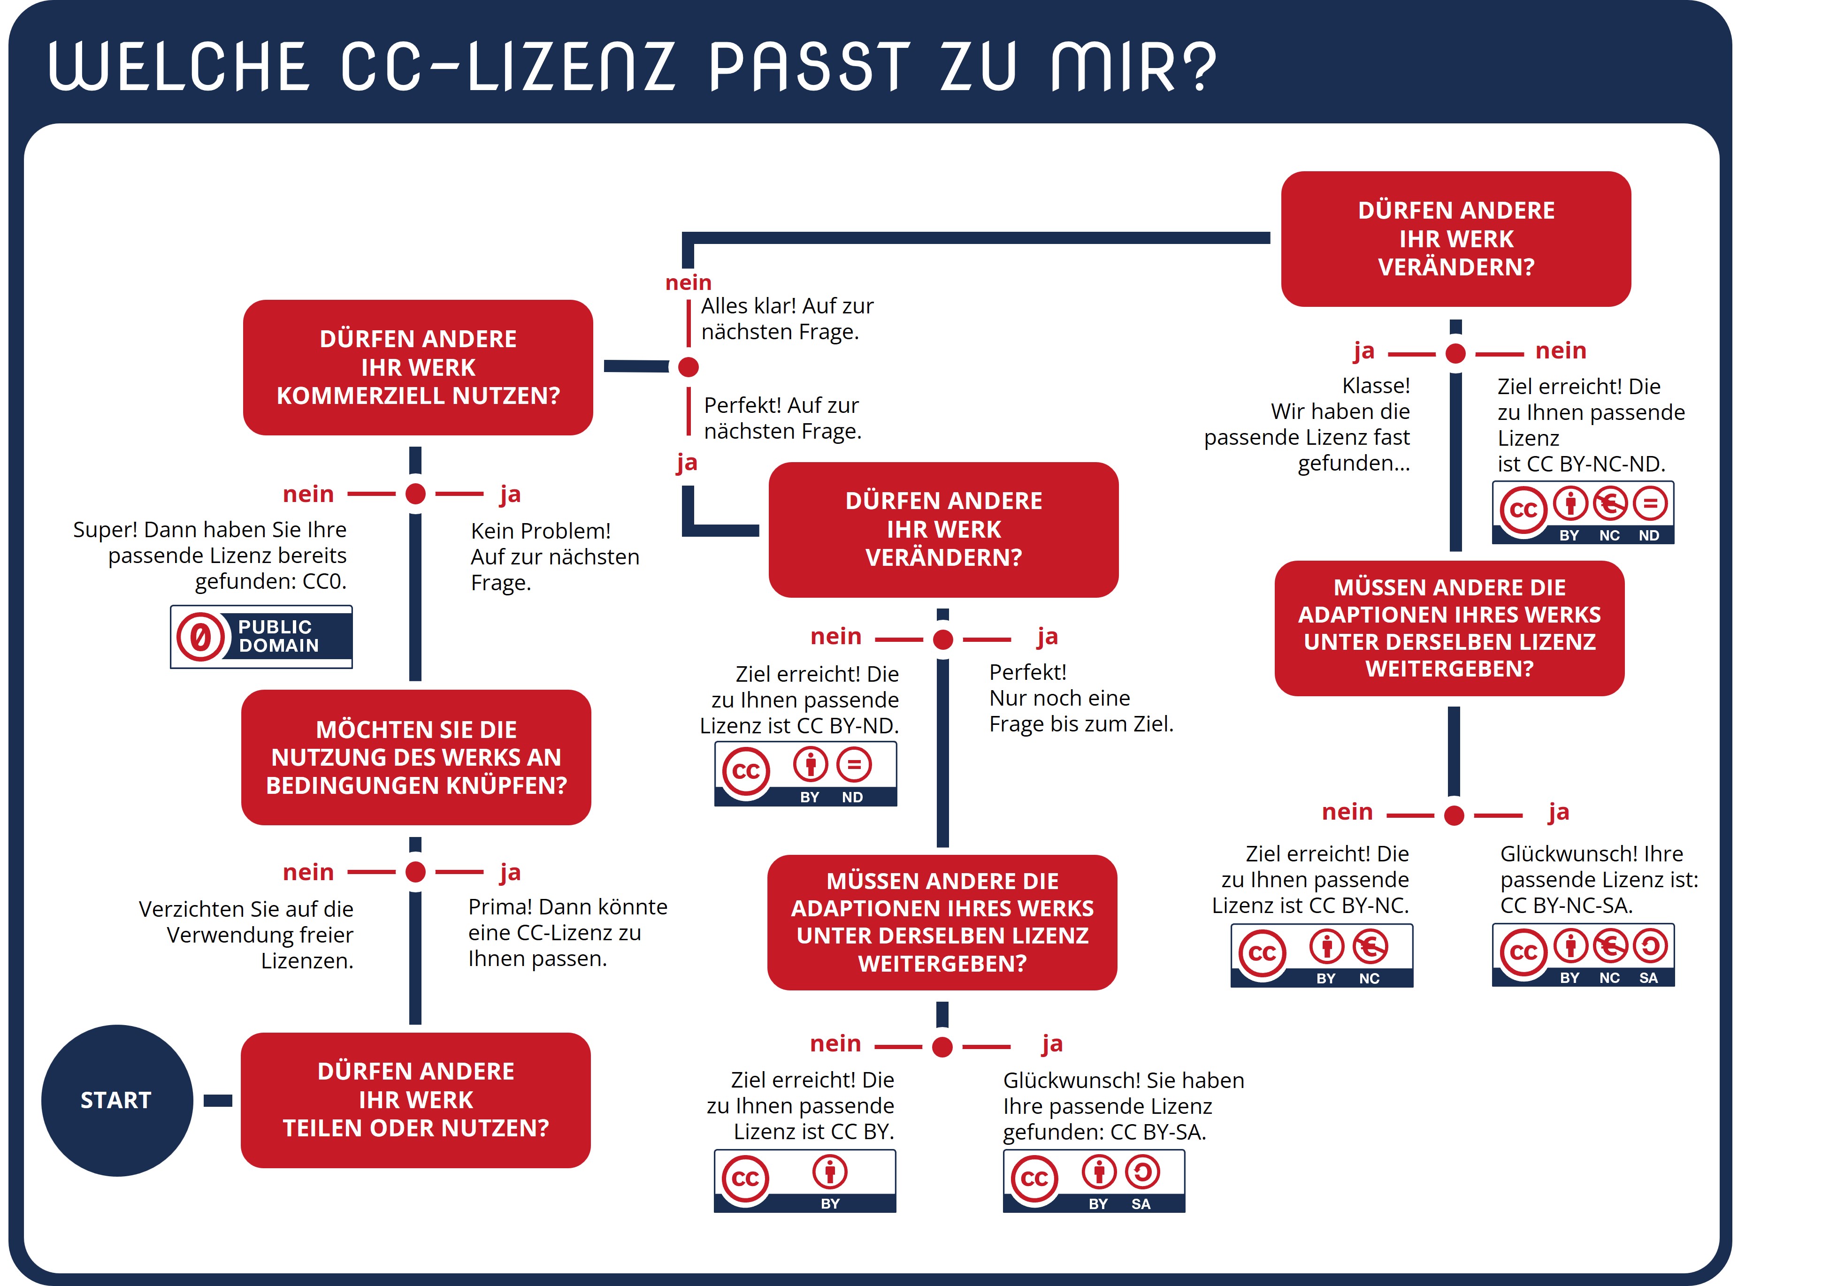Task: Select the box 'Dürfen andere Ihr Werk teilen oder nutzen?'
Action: pyautogui.click(x=415, y=1100)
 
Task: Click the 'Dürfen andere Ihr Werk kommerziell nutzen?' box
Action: pyautogui.click(x=418, y=367)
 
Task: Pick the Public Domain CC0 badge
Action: pyautogui.click(x=261, y=636)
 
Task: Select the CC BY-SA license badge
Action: pyautogui.click(x=1094, y=1180)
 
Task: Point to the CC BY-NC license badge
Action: pyautogui.click(x=1321, y=955)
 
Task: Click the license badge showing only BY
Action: pyautogui.click(x=804, y=1180)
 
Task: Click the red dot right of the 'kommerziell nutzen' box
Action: pyautogui.click(x=689, y=367)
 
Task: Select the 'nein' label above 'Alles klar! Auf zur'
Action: pyautogui.click(x=689, y=283)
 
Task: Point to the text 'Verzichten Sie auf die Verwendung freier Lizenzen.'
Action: pyautogui.click(x=246, y=934)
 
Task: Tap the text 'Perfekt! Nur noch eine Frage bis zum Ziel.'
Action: pyautogui.click(x=1080, y=698)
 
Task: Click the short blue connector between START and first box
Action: pyautogui.click(x=218, y=1100)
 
